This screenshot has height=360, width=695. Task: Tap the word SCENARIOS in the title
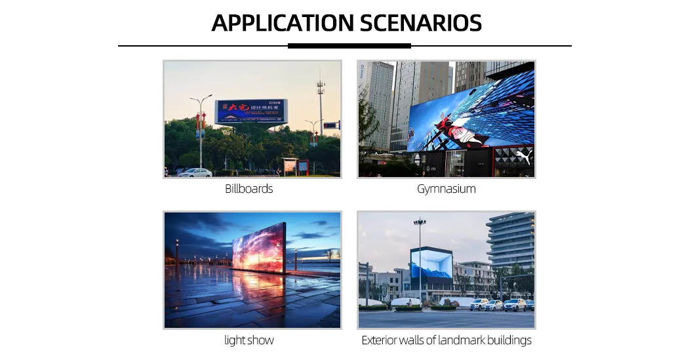coord(419,23)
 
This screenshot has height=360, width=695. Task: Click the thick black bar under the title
coord(349,46)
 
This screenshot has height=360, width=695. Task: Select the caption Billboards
coord(248,189)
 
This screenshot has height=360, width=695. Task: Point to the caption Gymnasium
coord(446,189)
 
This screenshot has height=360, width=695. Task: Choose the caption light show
coord(248,340)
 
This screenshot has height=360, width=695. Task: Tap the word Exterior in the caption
coord(380,340)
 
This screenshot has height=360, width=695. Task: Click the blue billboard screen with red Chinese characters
coord(250,111)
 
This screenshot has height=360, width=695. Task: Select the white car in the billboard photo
coord(195,172)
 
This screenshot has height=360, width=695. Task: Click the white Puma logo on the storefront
coord(524,157)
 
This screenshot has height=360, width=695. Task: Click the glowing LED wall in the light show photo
coord(258,249)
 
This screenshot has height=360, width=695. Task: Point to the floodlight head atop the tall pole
coord(419,223)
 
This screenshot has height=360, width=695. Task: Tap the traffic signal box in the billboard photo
coord(331,125)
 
